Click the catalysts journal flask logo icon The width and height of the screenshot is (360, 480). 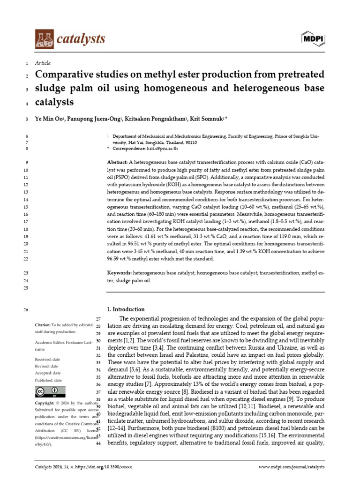(x=44, y=39)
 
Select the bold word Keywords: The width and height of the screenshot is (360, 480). (x=120, y=273)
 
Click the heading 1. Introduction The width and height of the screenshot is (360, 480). (x=126, y=309)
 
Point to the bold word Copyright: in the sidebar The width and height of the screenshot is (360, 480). (x=45, y=403)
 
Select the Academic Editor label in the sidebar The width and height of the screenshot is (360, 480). (x=52, y=342)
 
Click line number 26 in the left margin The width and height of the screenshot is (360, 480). (x=25, y=309)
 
